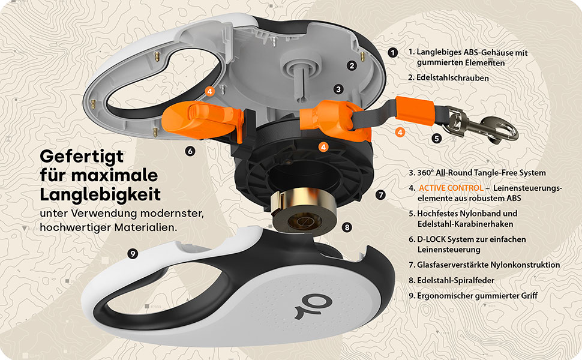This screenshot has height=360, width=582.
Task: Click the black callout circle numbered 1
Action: click(x=393, y=52)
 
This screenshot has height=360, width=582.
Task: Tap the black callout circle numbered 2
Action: click(x=352, y=65)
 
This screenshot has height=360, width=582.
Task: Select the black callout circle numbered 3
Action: click(x=338, y=89)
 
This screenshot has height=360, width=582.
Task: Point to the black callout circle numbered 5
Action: click(x=437, y=139)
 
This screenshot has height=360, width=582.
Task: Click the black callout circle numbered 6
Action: click(x=190, y=151)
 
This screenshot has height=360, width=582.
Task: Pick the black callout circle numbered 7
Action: click(x=380, y=195)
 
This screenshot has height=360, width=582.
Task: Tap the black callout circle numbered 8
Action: click(x=347, y=227)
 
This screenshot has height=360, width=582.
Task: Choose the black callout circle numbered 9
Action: click(x=133, y=254)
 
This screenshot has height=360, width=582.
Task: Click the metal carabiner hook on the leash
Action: click(x=482, y=125)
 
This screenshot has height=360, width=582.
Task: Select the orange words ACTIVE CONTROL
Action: click(x=451, y=188)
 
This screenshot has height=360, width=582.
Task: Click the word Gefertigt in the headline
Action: click(x=82, y=157)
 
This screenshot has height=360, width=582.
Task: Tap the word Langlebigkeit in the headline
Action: click(x=100, y=195)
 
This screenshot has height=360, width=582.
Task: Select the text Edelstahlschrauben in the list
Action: click(x=452, y=78)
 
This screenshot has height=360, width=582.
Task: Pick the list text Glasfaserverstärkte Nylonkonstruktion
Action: click(x=488, y=265)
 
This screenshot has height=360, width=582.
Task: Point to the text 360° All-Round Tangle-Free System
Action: click(x=481, y=173)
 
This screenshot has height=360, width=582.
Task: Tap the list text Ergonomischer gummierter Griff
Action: click(x=478, y=296)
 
